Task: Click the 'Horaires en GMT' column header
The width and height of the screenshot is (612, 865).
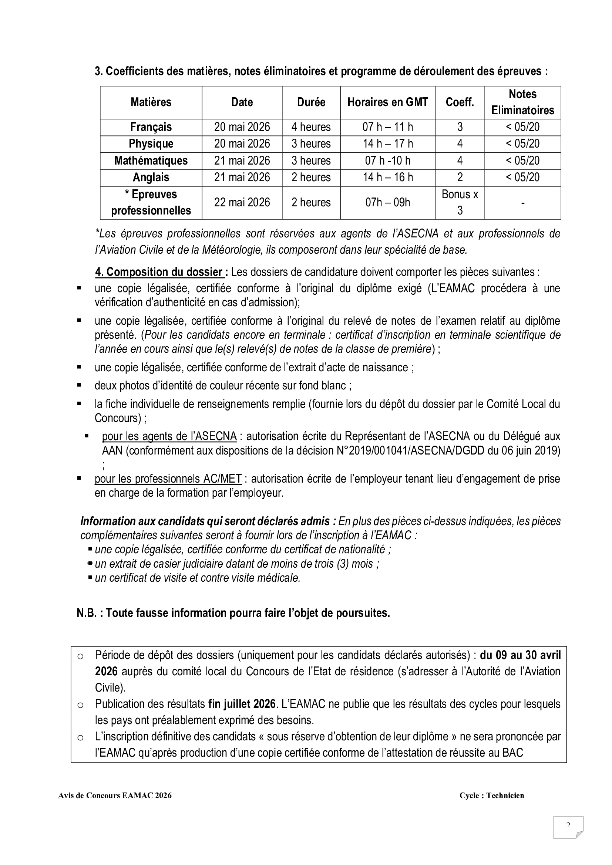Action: [x=387, y=102]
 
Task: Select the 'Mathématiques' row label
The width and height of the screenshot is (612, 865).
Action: [x=151, y=161]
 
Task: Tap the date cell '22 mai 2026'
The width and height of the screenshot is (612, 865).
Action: [x=242, y=202]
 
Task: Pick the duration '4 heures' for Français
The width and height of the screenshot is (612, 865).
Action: [x=311, y=127]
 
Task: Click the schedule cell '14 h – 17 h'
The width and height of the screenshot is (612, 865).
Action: [x=387, y=143]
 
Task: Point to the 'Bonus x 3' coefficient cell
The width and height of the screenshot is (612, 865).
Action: [x=460, y=202]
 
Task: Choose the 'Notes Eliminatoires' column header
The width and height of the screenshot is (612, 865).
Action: [x=522, y=102]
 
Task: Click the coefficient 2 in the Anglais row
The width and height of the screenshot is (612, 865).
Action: [x=460, y=177]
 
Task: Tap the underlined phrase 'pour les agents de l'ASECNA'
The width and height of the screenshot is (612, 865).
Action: [x=169, y=436]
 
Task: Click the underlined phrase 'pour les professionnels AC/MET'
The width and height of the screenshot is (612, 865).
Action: [x=168, y=479]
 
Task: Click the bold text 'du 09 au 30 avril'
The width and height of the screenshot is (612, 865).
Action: [x=520, y=655]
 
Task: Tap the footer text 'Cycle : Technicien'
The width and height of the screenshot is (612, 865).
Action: [x=491, y=795]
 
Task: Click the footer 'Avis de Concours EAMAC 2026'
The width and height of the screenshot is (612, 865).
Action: [x=115, y=795]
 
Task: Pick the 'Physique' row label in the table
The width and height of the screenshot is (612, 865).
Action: [x=151, y=143]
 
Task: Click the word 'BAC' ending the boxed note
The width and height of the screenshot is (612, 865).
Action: [x=512, y=753]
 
